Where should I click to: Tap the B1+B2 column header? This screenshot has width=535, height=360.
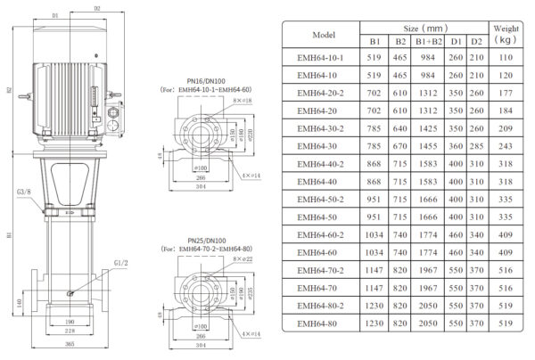427,42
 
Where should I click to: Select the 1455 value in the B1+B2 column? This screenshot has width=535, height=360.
427,145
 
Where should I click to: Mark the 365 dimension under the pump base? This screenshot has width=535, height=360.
69,343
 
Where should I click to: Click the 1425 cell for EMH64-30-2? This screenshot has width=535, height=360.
427,127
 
